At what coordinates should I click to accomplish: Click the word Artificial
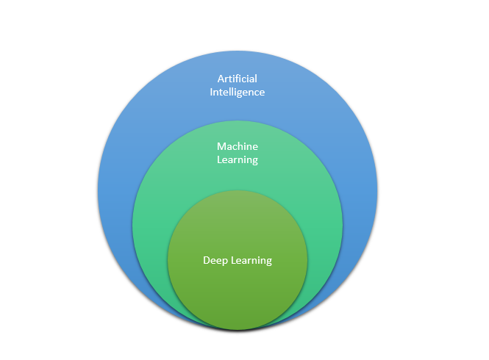238,79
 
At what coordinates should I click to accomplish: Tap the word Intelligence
238,93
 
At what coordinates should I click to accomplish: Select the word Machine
238,146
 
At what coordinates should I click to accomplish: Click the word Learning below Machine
238,160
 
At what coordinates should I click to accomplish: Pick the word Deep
215,261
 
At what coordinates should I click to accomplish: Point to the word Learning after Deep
251,261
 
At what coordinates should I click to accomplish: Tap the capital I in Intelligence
213,93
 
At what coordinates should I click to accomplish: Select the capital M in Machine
221,146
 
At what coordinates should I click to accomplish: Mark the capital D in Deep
207,260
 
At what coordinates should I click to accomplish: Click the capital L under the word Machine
219,160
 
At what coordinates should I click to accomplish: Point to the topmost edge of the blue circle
238,51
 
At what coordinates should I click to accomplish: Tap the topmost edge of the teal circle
238,120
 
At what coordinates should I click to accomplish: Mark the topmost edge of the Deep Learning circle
238,190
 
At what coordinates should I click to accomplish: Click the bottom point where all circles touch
238,332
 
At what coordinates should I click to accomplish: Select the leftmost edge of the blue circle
97,192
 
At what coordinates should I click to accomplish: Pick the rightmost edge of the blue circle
378,192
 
